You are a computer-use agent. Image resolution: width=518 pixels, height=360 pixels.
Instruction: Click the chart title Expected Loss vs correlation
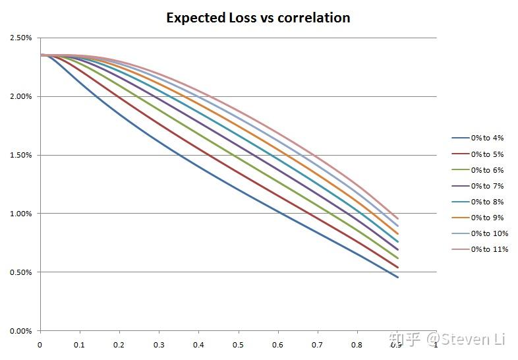coord(258,18)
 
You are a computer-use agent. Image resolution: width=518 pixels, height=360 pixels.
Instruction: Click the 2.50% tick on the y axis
coord(21,38)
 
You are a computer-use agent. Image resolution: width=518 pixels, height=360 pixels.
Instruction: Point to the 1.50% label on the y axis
coord(21,155)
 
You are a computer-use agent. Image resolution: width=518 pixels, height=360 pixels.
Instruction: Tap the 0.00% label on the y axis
coord(21,331)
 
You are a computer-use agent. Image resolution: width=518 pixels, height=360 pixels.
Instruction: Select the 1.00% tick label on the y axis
coord(21,214)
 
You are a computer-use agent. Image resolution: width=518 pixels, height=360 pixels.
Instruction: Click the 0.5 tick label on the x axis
coord(238,345)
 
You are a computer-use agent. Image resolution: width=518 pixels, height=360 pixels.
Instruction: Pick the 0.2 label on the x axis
coord(119,345)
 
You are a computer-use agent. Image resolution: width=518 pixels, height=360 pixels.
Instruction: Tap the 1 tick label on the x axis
coord(436,345)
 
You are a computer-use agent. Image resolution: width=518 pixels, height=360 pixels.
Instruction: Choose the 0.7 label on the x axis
coord(317,345)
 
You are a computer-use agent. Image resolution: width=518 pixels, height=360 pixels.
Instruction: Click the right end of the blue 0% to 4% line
coord(397,277)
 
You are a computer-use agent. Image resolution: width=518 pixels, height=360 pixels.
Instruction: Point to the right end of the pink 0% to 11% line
coord(397,218)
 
